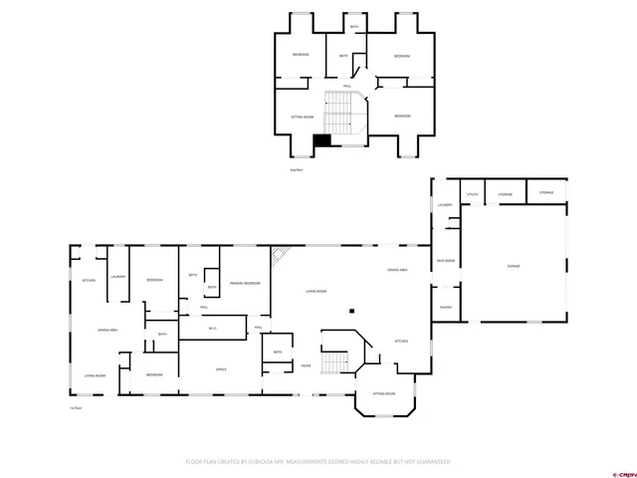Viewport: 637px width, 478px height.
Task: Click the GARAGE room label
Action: click(x=514, y=266)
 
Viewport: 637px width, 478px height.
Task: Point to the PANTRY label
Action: click(x=446, y=307)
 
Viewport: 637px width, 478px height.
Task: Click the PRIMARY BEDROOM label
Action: click(x=245, y=284)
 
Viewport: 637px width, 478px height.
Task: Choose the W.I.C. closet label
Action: click(x=213, y=329)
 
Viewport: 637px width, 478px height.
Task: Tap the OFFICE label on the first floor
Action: click(x=221, y=369)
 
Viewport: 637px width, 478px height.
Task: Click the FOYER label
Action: click(x=306, y=366)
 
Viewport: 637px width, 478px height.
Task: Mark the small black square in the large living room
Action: click(x=351, y=312)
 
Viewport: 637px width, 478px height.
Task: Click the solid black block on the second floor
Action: click(x=321, y=141)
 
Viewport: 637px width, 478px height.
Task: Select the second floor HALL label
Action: click(x=347, y=87)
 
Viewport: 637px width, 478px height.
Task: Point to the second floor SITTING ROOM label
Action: click(x=302, y=117)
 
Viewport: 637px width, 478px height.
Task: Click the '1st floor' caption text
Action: click(x=75, y=408)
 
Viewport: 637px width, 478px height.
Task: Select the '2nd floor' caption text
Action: click(x=295, y=170)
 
